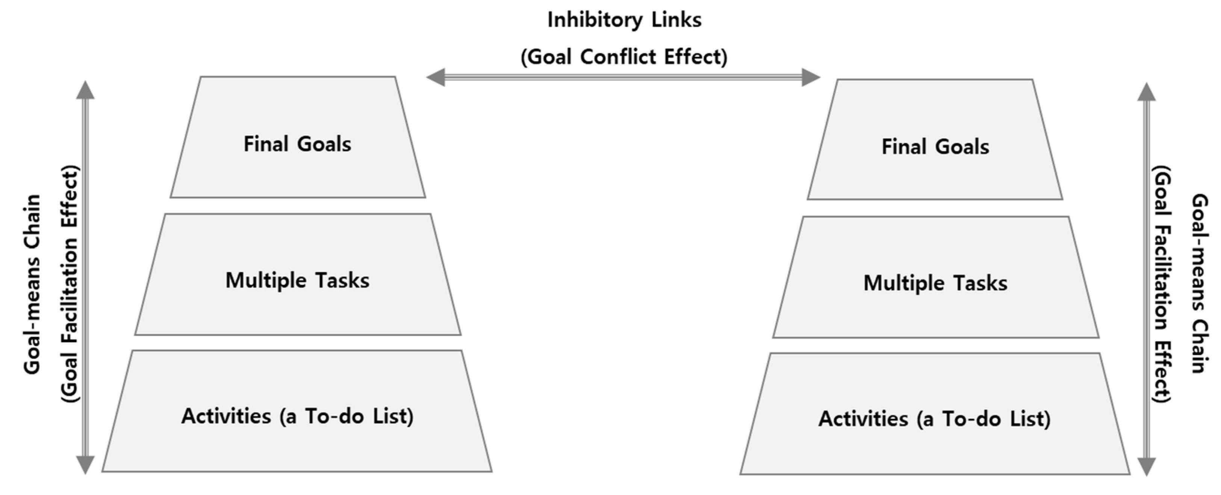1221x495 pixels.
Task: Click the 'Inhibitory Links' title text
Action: pyautogui.click(x=624, y=20)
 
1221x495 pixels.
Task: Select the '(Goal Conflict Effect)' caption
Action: pyautogui.click(x=624, y=57)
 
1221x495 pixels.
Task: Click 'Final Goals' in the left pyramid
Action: pyautogui.click(x=297, y=144)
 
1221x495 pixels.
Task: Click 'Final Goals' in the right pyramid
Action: pyautogui.click(x=935, y=147)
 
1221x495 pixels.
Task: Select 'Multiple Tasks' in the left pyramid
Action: pyautogui.click(x=297, y=281)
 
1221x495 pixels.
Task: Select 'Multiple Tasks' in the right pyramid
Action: pyautogui.click(x=935, y=283)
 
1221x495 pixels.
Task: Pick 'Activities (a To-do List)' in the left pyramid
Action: pyautogui.click(x=297, y=417)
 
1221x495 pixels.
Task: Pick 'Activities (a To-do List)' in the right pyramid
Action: pyautogui.click(x=934, y=419)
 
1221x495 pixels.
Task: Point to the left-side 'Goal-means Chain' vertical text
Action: pyautogui.click(x=32, y=284)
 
